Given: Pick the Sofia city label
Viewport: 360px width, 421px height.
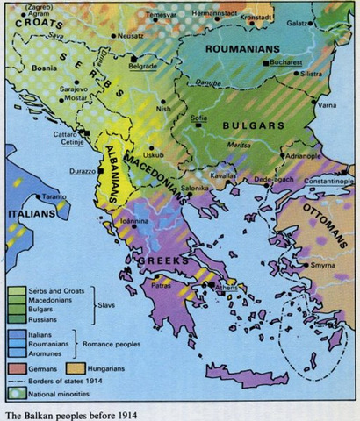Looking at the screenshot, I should (x=199, y=117).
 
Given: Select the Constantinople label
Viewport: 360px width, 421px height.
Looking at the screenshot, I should (x=328, y=181).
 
